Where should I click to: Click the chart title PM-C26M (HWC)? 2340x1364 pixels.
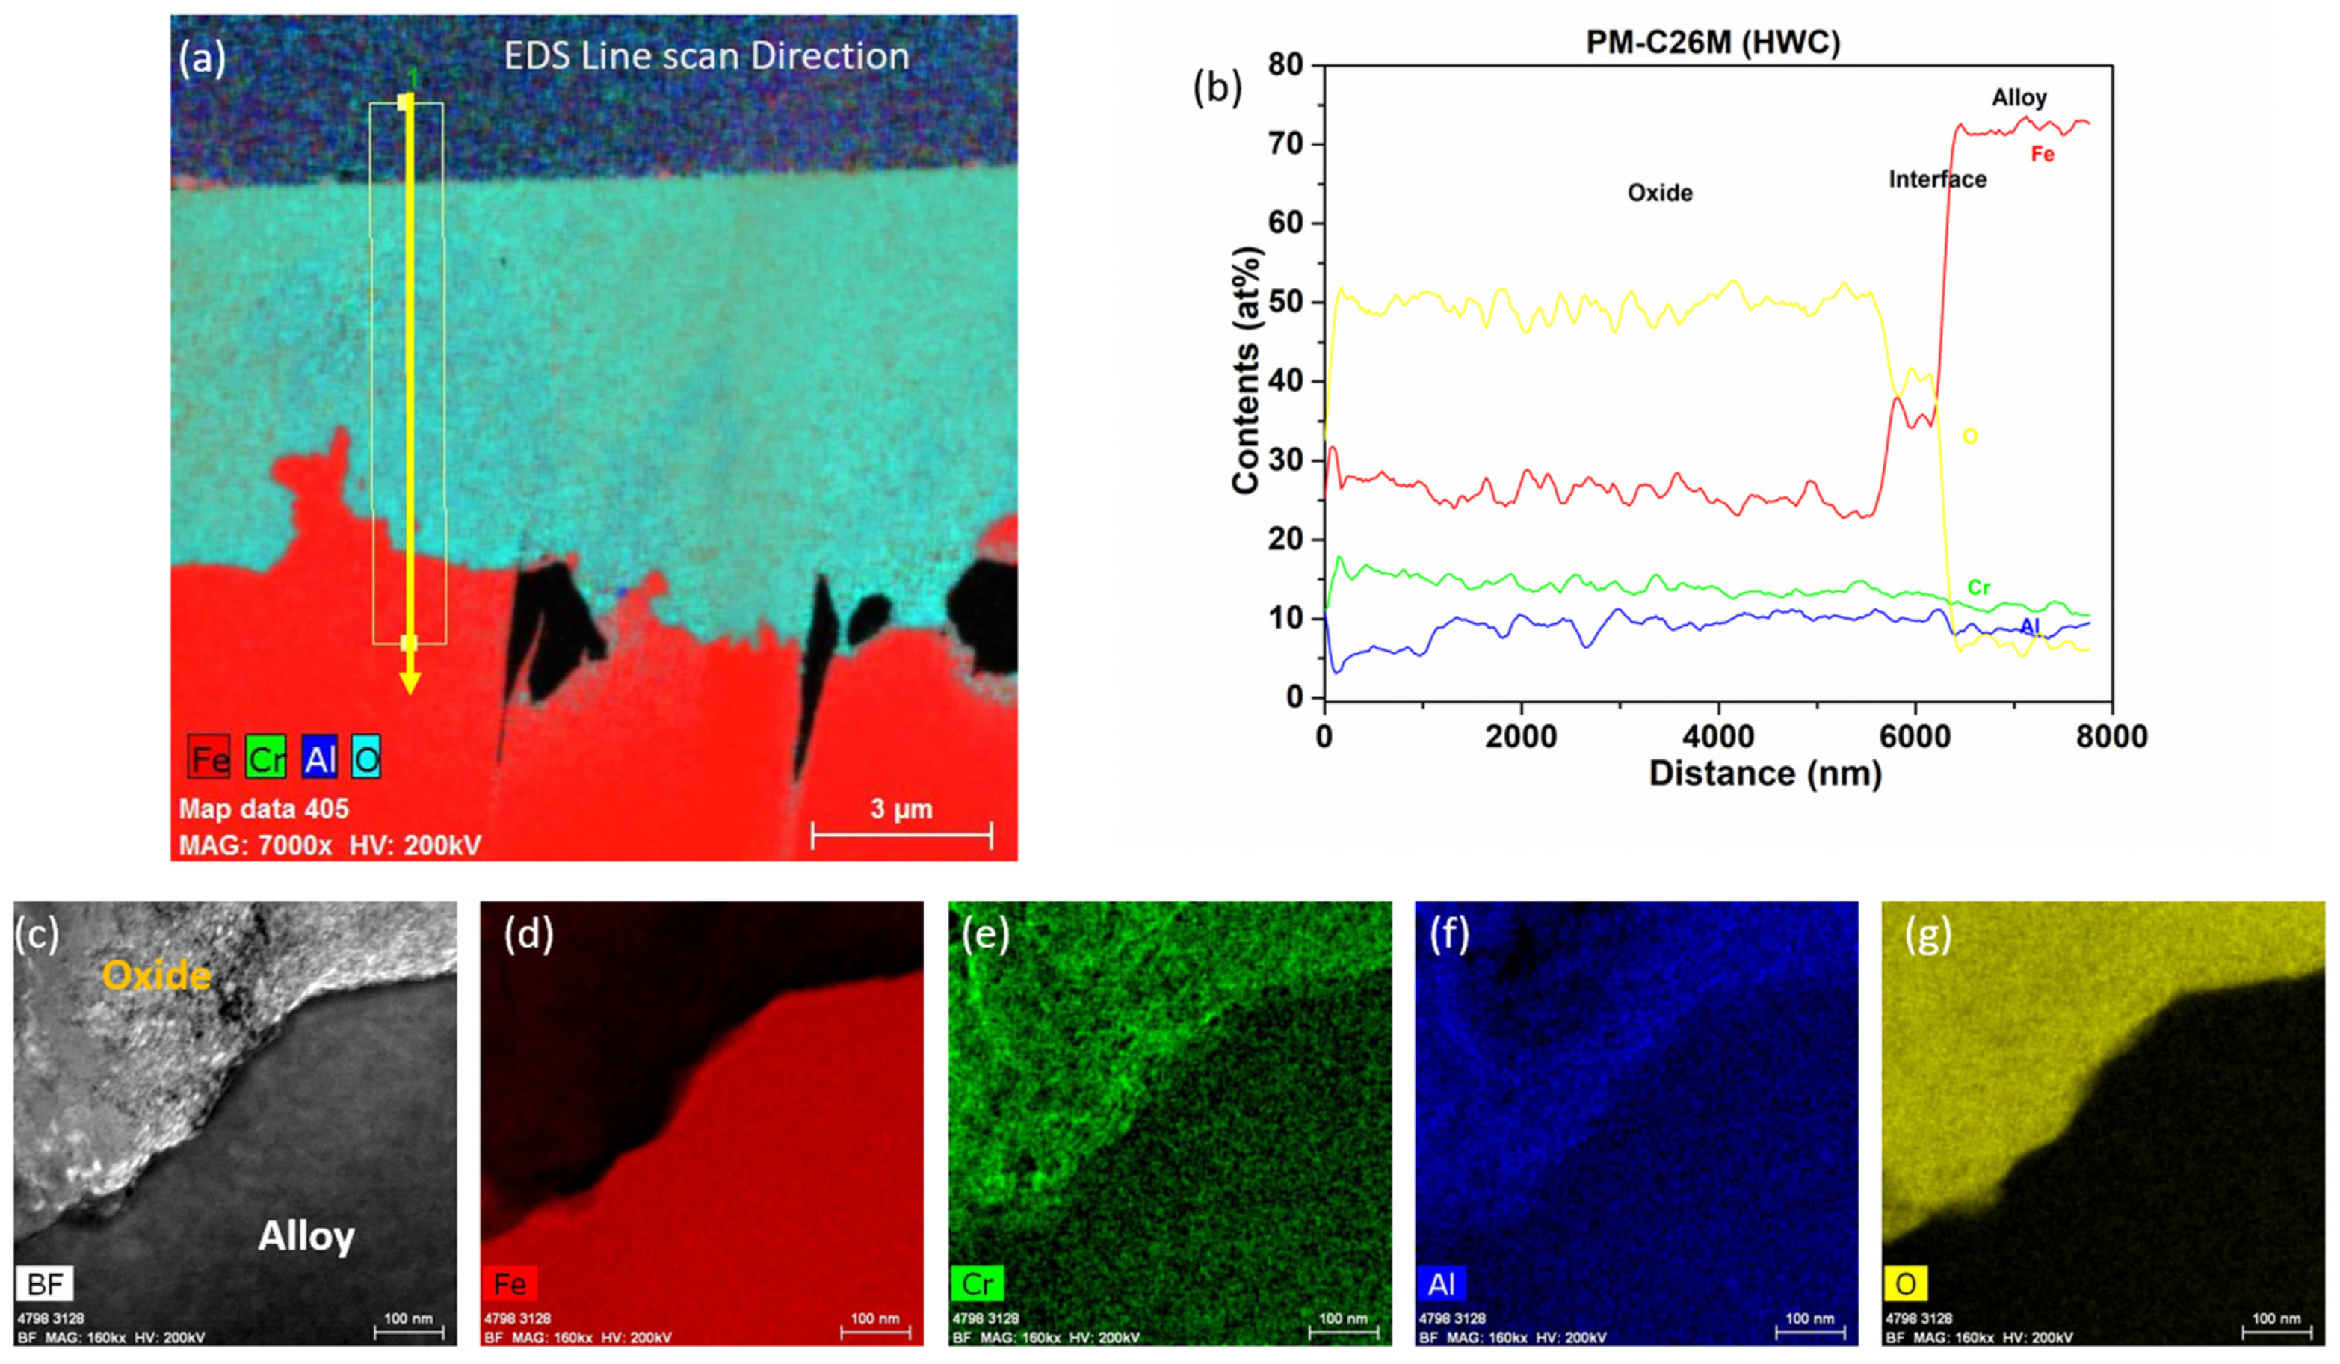(1712, 43)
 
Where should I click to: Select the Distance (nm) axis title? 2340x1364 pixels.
(1765, 774)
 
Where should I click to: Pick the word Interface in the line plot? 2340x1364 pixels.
(1937, 179)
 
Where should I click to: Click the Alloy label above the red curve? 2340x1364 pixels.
(2019, 97)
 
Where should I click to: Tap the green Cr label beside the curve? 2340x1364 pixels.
(1979, 587)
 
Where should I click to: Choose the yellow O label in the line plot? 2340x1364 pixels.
(1969, 436)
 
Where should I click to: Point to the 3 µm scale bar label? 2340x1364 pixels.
(900, 809)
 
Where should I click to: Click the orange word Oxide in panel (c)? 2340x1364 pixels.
(157, 975)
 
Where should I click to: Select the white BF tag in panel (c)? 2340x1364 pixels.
(45, 1284)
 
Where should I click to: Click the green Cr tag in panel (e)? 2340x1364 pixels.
(977, 1284)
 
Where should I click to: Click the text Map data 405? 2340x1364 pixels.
(264, 809)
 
